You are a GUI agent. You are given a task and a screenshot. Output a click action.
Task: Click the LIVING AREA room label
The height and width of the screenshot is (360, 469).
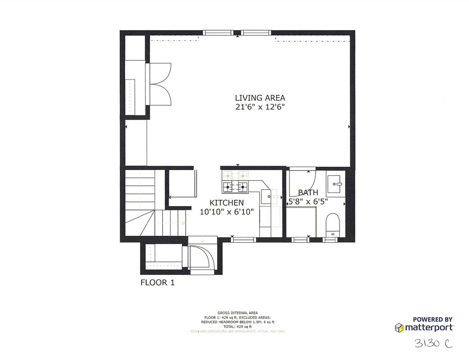tap(260, 98)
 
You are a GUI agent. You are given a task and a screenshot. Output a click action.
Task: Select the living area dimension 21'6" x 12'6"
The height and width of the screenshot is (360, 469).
tap(260, 107)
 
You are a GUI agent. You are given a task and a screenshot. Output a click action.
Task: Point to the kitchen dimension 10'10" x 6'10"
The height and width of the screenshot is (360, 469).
tap(230, 212)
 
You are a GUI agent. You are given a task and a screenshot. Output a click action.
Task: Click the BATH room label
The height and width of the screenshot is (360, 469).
tap(308, 193)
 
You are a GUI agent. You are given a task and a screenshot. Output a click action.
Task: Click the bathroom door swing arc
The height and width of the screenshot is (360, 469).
tap(304, 182)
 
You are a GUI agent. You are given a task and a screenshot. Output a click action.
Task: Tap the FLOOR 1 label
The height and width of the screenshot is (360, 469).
tap(157, 283)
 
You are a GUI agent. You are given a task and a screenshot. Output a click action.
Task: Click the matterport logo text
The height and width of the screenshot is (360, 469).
tap(429, 327)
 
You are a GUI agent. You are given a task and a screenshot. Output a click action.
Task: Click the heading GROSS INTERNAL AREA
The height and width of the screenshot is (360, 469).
tap(237, 313)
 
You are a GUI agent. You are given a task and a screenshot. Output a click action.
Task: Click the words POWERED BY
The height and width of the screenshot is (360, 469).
tap(433, 319)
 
